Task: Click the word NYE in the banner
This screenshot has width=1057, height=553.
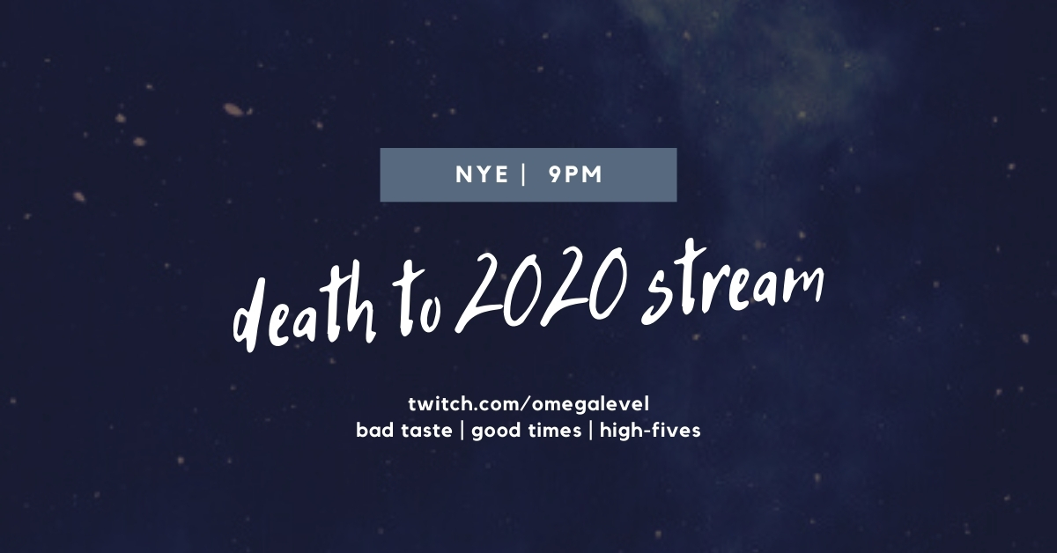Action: click(x=482, y=174)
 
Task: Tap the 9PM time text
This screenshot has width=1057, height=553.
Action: click(x=576, y=174)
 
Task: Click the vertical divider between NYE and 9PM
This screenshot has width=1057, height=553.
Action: click(x=524, y=174)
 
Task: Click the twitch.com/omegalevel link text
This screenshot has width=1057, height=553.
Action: click(x=528, y=404)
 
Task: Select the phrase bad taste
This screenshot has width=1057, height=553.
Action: click(x=404, y=431)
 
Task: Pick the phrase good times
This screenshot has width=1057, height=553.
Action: click(x=526, y=431)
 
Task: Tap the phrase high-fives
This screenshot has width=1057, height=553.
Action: click(x=650, y=431)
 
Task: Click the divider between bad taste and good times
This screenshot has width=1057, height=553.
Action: click(x=462, y=431)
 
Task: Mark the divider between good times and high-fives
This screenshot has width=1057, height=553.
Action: click(x=591, y=431)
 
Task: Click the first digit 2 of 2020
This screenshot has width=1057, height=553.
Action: click(x=477, y=292)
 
